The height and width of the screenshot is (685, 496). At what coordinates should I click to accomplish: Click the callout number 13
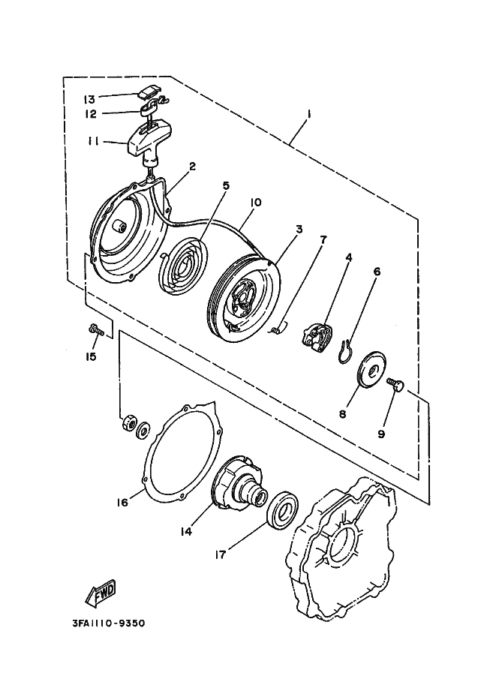(x=89, y=98)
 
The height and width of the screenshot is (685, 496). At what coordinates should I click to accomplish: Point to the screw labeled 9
(x=395, y=385)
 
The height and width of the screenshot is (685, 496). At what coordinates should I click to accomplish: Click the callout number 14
(x=185, y=530)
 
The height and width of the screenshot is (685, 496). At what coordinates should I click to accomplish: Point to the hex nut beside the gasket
(x=127, y=423)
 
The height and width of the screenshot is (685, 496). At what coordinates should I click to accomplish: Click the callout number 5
(x=226, y=185)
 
